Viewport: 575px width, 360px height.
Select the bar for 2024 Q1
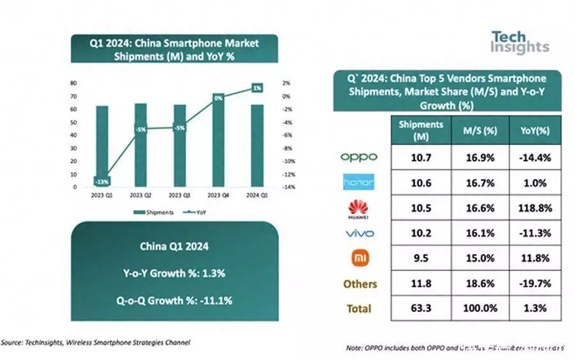(x=257, y=146)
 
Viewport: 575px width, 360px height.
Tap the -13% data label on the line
(x=102, y=180)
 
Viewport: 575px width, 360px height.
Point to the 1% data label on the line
(x=257, y=88)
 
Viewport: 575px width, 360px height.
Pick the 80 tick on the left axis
(x=75, y=83)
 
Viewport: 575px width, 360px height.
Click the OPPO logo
(x=358, y=157)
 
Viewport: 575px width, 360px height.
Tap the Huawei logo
(x=358, y=208)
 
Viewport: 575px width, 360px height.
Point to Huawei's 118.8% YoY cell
(x=535, y=208)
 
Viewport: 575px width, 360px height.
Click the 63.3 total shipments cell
(x=420, y=309)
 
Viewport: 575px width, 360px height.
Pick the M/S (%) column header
(x=479, y=130)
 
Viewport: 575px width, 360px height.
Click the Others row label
(x=360, y=284)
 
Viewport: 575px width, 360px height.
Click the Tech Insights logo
(x=519, y=42)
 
